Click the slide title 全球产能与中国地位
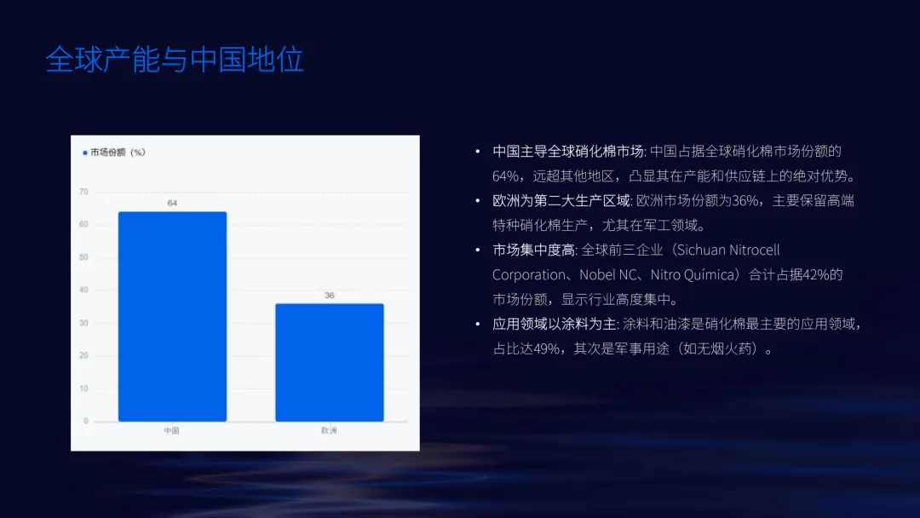click(x=175, y=60)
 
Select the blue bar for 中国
click(x=172, y=316)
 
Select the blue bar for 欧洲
click(x=329, y=362)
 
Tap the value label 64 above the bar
click(x=172, y=203)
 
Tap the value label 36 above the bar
click(x=329, y=295)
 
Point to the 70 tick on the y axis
click(x=83, y=192)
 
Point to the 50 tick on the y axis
click(x=83, y=257)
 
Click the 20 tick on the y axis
click(x=83, y=355)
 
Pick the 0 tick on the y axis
click(x=85, y=421)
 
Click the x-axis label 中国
click(x=172, y=431)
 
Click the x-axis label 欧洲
click(x=329, y=431)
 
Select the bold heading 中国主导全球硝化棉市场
click(x=568, y=152)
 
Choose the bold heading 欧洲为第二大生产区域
click(x=561, y=201)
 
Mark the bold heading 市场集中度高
click(x=533, y=250)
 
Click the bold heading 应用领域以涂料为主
click(x=554, y=325)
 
